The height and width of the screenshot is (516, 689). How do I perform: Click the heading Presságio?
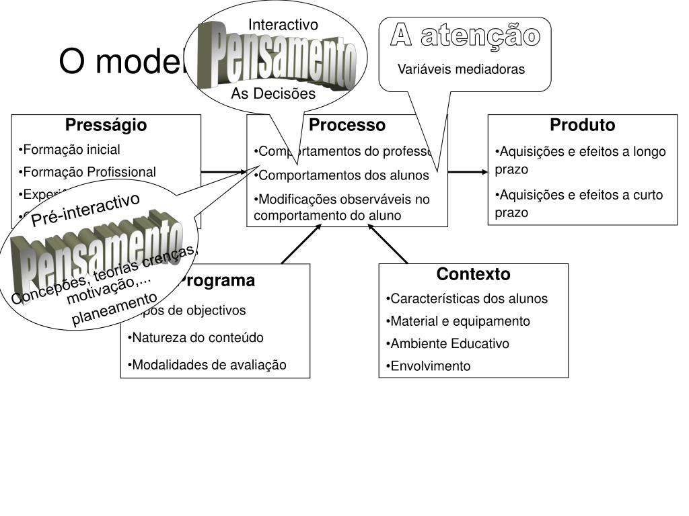click(x=106, y=125)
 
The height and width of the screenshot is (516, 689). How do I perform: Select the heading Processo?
click(x=347, y=125)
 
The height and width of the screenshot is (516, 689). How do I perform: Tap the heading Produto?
click(x=582, y=125)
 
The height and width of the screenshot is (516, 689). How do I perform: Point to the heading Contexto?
click(x=473, y=274)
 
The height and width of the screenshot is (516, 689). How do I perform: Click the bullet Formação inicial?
click(x=70, y=149)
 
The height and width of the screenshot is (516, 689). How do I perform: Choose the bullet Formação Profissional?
click(x=87, y=172)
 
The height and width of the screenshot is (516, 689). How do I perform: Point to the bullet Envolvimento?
click(x=428, y=366)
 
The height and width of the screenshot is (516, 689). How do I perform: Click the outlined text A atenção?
click(x=466, y=36)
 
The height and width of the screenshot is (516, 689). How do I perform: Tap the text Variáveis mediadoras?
click(x=461, y=69)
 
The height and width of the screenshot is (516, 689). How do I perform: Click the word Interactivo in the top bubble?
click(x=283, y=25)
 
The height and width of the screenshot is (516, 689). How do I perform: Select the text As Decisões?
click(x=273, y=94)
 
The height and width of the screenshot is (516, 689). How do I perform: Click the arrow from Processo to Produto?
click(x=468, y=172)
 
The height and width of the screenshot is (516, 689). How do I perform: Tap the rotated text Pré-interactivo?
click(x=86, y=209)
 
